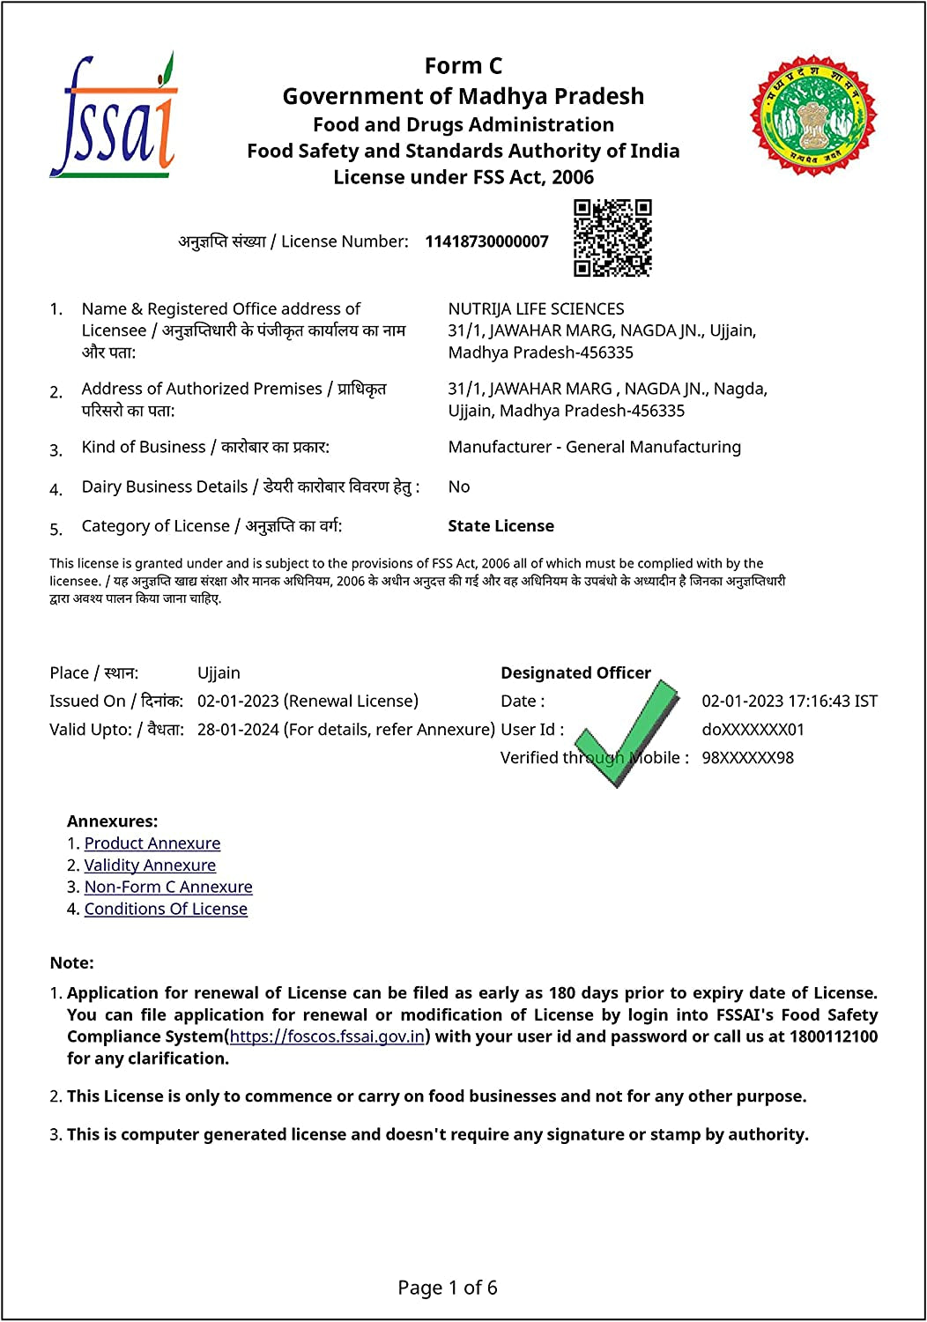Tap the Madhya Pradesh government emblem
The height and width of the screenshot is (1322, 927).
813,115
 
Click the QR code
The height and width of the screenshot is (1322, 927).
612,237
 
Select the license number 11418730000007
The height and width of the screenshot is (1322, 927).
486,241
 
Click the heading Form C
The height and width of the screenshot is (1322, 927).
463,66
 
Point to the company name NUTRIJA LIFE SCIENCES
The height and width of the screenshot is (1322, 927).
536,308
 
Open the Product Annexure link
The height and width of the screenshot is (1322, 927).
152,843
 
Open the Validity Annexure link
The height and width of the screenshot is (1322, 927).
150,865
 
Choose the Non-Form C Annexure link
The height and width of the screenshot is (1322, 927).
168,887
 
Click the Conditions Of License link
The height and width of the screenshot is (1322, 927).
166,909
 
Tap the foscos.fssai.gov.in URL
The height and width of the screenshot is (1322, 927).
327,1036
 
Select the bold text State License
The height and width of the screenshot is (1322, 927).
501,526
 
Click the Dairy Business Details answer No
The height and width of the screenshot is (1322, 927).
459,486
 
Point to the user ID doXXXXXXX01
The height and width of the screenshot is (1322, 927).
753,730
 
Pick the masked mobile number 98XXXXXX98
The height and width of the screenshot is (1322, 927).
747,758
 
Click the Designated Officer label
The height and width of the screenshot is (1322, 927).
575,673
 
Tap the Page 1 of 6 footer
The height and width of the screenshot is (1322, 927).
448,1288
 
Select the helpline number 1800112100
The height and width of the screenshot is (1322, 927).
833,1036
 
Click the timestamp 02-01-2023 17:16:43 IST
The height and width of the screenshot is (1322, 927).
790,702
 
